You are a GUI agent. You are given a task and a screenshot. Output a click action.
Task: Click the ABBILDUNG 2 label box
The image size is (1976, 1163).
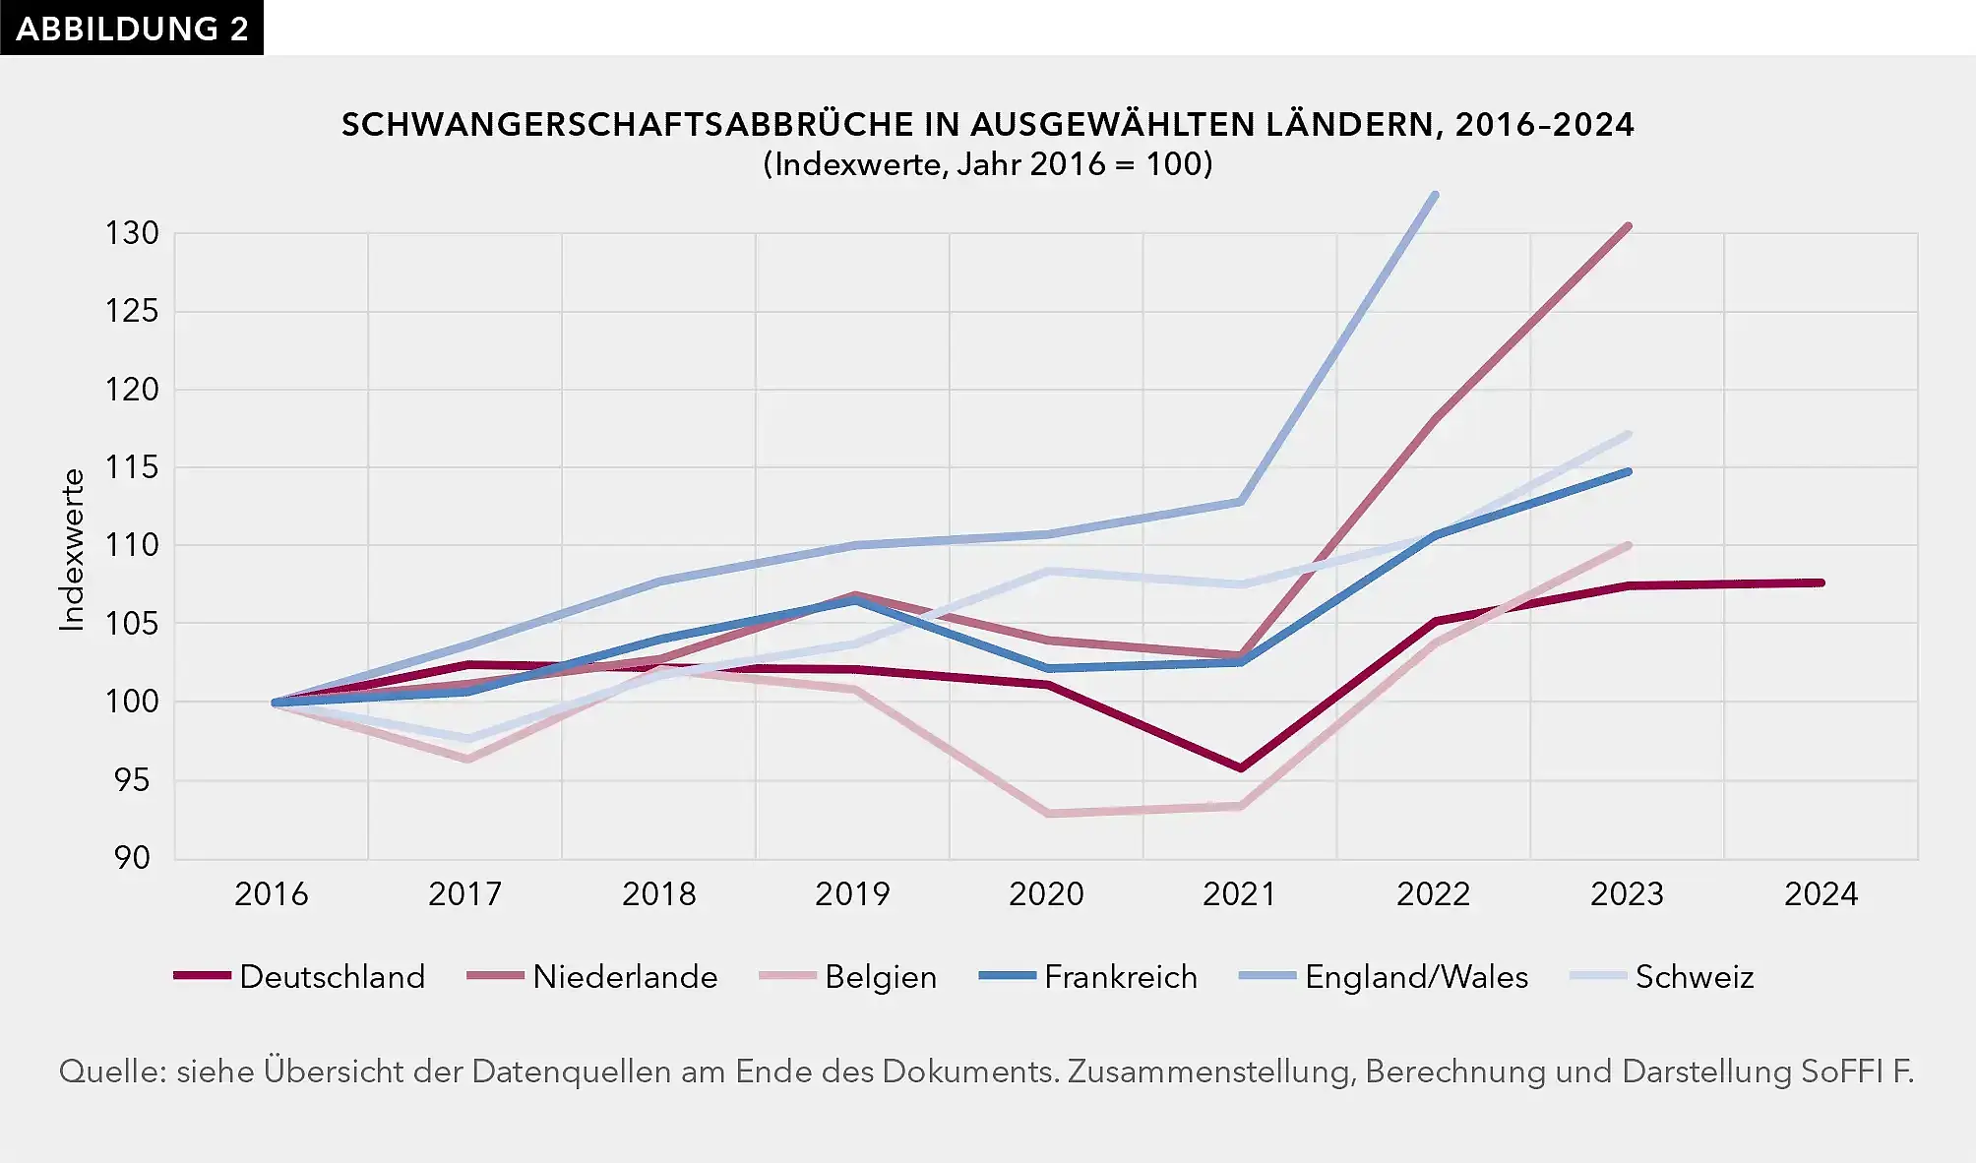click(x=132, y=28)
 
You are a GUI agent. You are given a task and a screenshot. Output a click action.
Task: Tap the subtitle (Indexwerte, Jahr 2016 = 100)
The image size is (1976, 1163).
click(x=987, y=163)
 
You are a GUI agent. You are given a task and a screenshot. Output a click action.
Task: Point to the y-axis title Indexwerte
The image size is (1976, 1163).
click(x=72, y=549)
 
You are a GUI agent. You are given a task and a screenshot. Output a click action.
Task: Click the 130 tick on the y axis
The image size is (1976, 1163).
click(x=132, y=233)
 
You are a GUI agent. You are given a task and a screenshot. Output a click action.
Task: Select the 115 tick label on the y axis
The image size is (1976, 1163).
click(x=132, y=467)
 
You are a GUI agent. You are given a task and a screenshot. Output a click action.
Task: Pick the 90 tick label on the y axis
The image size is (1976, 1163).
click(x=132, y=858)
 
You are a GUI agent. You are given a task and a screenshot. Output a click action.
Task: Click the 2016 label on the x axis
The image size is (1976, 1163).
click(x=272, y=893)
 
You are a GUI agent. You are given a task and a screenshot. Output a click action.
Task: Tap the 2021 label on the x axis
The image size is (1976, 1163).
click(x=1240, y=893)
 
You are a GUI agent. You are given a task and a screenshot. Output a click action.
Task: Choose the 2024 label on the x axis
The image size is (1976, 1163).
click(x=1821, y=893)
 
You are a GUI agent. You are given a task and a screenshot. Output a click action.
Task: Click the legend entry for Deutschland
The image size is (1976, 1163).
click(x=300, y=976)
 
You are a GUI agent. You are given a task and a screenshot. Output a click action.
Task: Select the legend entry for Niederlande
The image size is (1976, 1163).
click(x=592, y=976)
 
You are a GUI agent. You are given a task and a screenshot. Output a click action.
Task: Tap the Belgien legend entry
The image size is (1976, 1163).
click(x=848, y=976)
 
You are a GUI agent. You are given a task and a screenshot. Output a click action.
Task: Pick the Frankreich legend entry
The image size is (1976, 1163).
click(x=1089, y=976)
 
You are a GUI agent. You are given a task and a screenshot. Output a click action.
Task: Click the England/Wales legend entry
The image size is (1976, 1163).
click(x=1384, y=976)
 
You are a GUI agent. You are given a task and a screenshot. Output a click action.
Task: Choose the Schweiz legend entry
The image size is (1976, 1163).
click(x=1663, y=976)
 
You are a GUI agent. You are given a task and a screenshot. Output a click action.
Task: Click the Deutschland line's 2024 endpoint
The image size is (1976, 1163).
click(x=1821, y=582)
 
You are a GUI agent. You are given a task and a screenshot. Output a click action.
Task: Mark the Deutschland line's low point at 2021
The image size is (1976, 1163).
click(x=1240, y=767)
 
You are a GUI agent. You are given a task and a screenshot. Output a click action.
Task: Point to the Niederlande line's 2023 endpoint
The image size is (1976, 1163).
click(x=1628, y=227)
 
